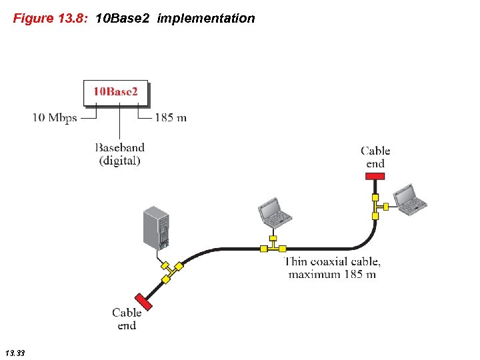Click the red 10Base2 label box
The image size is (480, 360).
[115, 93]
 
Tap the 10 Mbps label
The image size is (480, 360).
[55, 118]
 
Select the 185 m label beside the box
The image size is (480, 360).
[171, 118]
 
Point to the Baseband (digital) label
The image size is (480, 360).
[119, 154]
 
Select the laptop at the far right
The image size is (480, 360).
[409, 198]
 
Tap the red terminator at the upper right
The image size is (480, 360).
[375, 176]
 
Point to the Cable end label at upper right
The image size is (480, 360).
[375, 157]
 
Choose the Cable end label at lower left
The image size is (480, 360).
[127, 319]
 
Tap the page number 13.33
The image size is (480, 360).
[14, 352]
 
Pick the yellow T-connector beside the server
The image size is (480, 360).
[171, 270]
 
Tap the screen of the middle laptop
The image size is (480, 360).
[271, 208]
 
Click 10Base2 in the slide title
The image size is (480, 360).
[123, 19]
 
